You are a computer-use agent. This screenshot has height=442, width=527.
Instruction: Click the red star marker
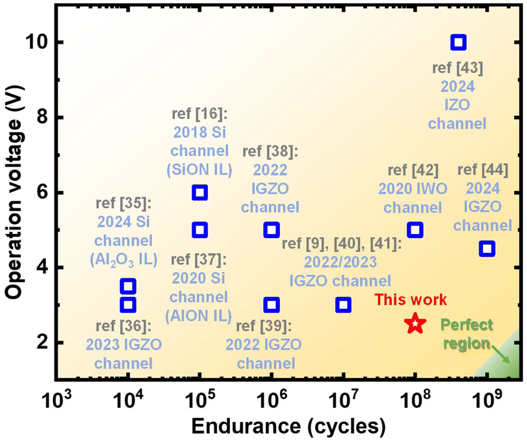[x=415, y=323]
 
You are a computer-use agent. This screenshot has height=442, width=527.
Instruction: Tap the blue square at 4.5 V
[x=487, y=248]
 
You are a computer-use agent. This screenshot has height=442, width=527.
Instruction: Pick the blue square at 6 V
[x=199, y=192]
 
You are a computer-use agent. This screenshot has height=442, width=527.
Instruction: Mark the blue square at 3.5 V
[x=128, y=286]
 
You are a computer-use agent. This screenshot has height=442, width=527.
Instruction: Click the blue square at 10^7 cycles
[x=343, y=305]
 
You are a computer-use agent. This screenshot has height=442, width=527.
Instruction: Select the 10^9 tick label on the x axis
[x=487, y=399]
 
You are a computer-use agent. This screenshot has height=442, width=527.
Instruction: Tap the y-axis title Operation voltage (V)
[x=14, y=192]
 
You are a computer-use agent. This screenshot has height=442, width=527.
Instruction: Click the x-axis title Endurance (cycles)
[x=288, y=427]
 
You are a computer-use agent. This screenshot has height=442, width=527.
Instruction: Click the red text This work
[x=411, y=299]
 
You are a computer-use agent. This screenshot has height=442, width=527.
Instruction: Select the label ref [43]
[x=458, y=68]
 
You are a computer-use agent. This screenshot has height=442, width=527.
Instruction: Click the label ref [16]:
[x=199, y=114]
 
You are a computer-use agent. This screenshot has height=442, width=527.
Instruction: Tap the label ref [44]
[x=483, y=170]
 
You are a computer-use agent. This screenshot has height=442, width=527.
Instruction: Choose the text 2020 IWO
[x=413, y=189]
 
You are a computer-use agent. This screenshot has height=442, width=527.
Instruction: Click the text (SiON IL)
[x=199, y=170]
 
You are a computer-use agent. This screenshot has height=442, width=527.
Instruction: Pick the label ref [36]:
[x=124, y=326]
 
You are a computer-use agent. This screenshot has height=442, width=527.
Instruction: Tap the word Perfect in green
[x=467, y=324]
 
